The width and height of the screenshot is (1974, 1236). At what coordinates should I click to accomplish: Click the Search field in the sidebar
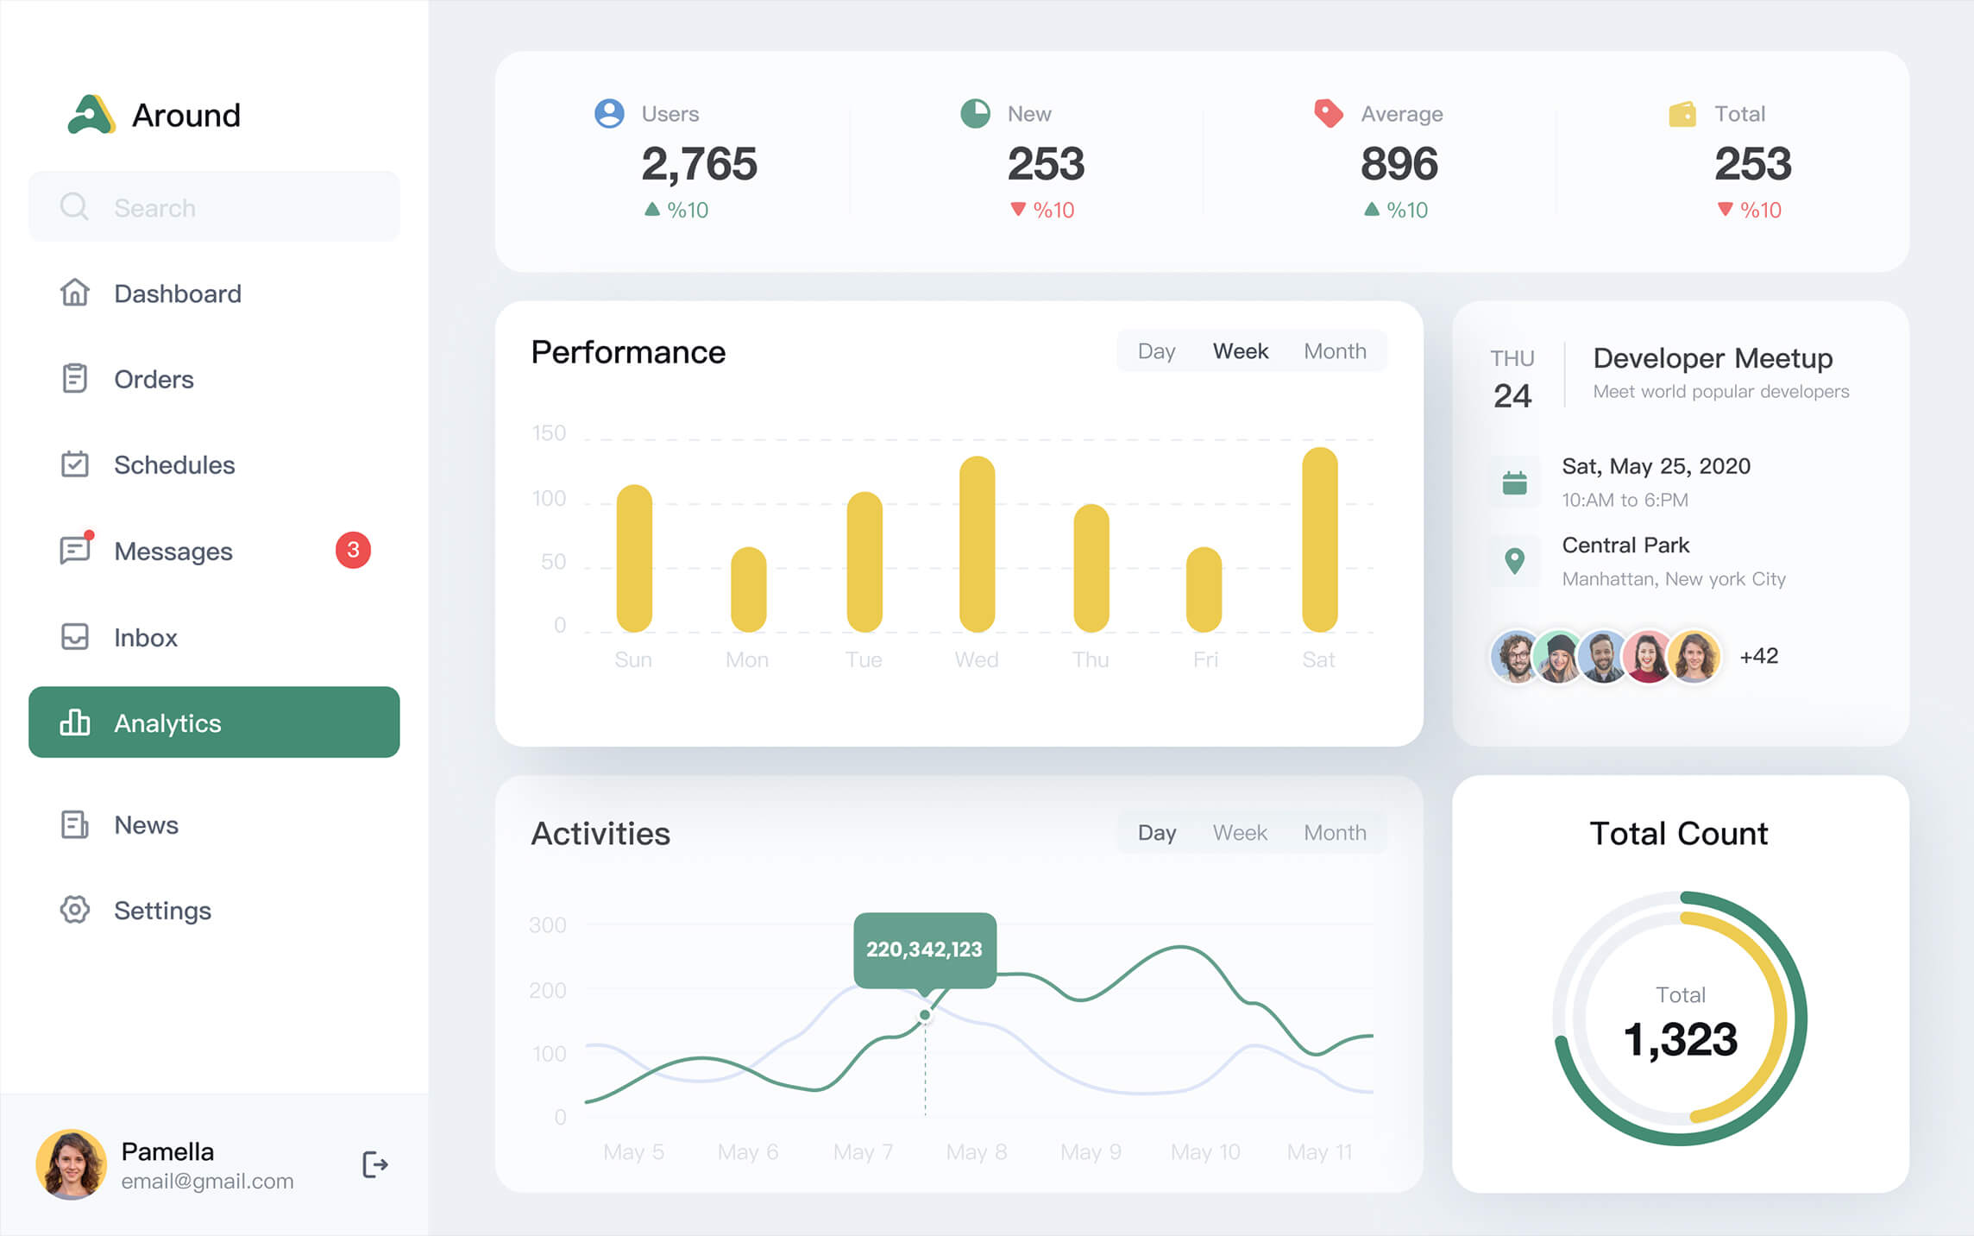214,207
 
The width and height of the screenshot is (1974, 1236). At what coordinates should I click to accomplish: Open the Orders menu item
154,379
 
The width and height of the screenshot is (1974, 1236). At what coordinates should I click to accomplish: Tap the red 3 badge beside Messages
353,550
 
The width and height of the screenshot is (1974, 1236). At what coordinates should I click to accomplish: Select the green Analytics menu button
214,722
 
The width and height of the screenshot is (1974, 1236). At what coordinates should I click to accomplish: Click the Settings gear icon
75,910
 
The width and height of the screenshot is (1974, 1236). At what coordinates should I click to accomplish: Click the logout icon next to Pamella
374,1164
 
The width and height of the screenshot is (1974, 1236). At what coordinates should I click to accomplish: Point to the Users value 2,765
699,164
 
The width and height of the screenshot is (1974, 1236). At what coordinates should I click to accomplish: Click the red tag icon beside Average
1329,113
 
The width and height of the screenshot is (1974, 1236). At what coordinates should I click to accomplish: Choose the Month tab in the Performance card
1335,351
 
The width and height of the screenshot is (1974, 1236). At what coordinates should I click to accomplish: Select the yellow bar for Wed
977,544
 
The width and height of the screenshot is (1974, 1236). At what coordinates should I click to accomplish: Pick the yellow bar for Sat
1319,539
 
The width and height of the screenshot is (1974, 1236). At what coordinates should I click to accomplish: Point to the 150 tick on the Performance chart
549,433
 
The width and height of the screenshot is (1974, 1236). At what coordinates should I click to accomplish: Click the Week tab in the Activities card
1240,833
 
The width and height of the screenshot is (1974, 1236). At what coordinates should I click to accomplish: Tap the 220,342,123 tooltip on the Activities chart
924,949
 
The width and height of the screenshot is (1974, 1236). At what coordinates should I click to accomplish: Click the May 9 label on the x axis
1091,1152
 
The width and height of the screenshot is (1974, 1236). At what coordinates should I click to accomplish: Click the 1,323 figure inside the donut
1680,1038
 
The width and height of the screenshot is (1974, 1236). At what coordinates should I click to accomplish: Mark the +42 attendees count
1758,656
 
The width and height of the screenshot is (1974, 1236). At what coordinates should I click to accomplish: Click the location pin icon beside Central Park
1514,561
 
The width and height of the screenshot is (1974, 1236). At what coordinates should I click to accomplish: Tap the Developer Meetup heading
1713,358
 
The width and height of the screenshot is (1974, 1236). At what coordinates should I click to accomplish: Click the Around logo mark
91,115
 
